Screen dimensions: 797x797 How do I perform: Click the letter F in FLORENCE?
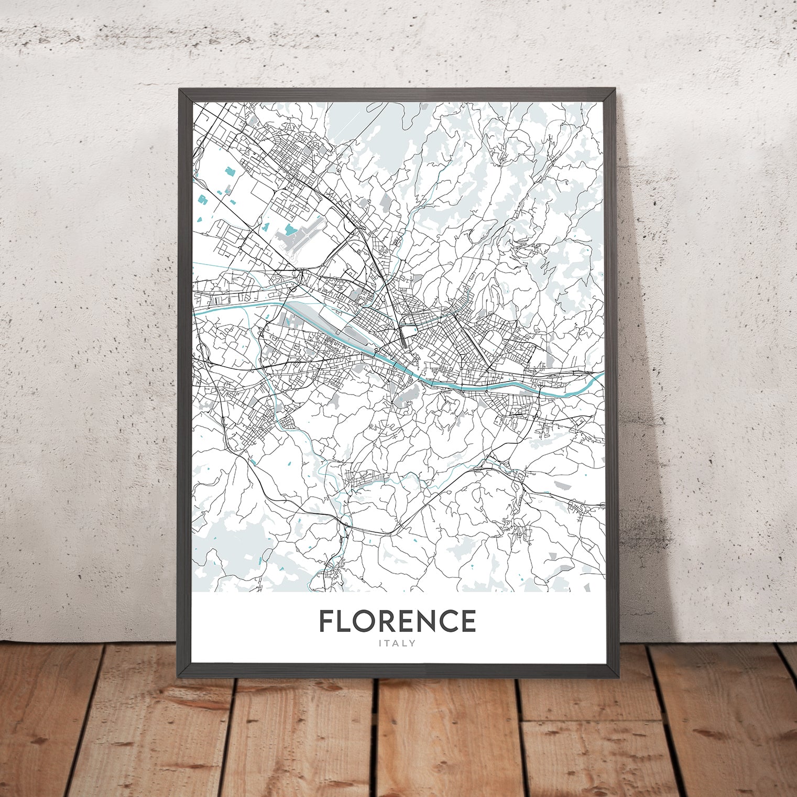pyautogui.click(x=328, y=621)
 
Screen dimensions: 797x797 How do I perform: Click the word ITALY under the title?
pyautogui.click(x=398, y=643)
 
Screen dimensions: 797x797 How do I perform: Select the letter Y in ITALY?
pyautogui.click(x=412, y=643)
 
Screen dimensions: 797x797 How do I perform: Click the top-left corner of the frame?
pyautogui.click(x=180, y=90)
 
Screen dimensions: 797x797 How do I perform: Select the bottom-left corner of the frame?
pyautogui.click(x=180, y=674)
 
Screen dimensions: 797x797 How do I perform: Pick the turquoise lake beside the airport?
pyautogui.click(x=290, y=230)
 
